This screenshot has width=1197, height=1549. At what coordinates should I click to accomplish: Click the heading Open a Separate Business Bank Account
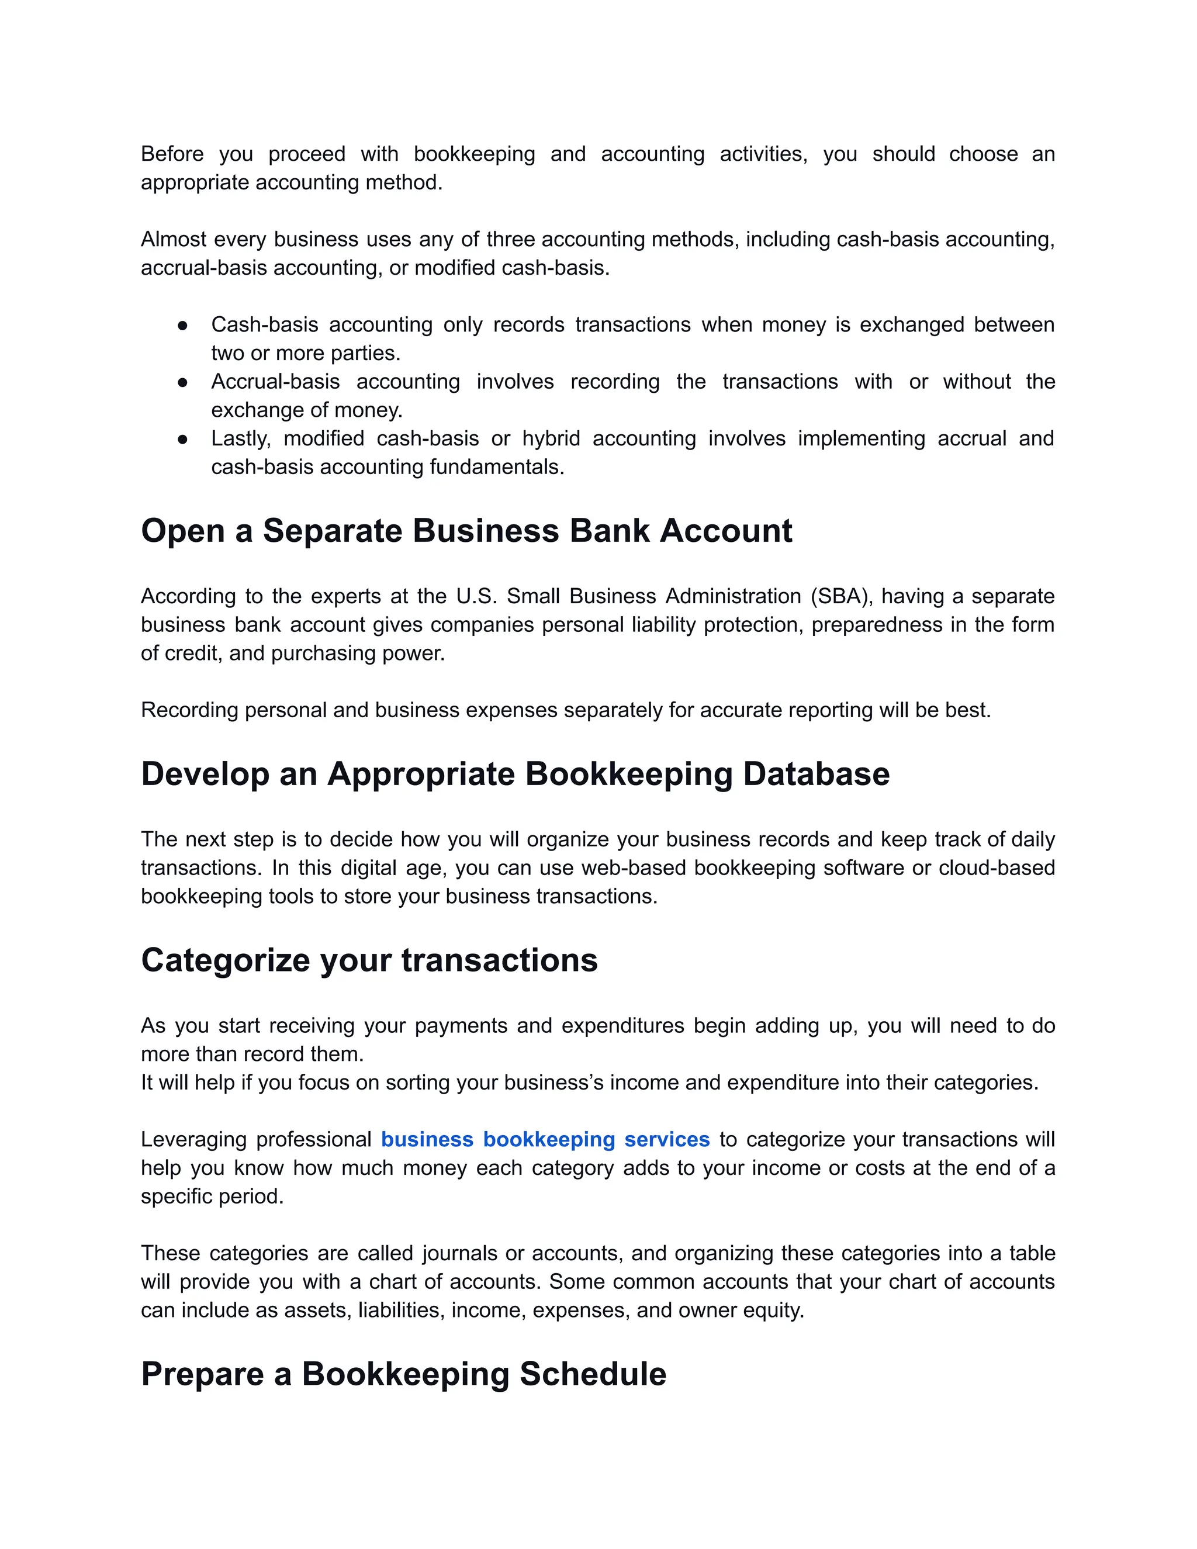(x=466, y=531)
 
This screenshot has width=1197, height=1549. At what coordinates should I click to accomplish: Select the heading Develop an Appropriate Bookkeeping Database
(x=515, y=774)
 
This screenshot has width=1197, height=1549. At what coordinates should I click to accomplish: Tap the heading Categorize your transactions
(x=369, y=960)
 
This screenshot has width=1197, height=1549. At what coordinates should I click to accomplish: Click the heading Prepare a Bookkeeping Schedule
(x=403, y=1374)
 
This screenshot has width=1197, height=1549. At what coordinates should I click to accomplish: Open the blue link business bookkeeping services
(x=545, y=1139)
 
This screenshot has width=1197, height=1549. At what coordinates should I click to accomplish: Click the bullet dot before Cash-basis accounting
(x=182, y=326)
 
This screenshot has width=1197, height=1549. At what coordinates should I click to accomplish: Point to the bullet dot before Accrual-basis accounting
(x=182, y=382)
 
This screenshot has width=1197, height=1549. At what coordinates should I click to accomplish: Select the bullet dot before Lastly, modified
(x=182, y=439)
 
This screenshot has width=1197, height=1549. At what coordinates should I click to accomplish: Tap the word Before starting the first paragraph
(x=172, y=154)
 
